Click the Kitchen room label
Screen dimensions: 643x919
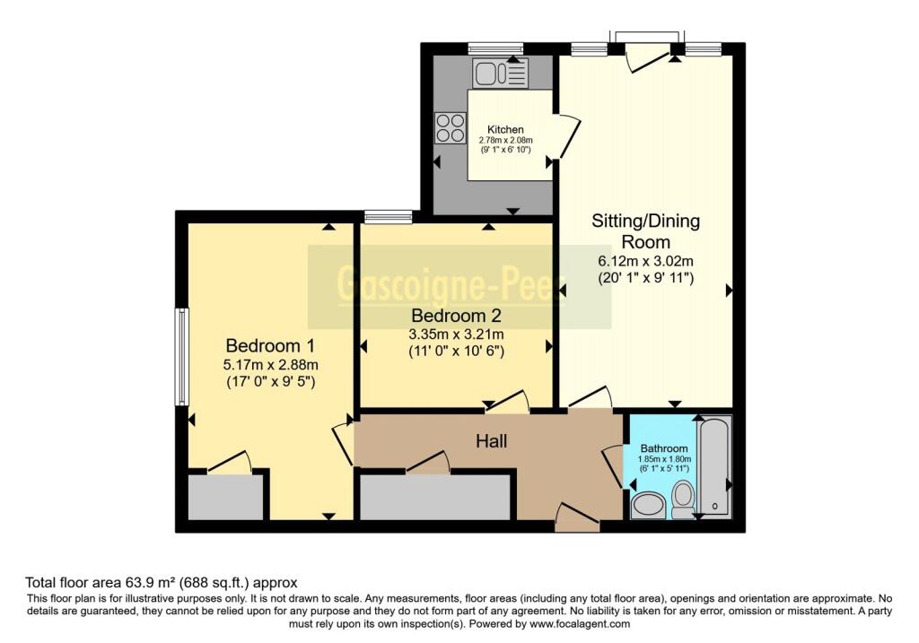click(x=505, y=130)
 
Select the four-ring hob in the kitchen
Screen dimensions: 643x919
click(x=451, y=127)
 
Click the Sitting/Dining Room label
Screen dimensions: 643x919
click(x=645, y=230)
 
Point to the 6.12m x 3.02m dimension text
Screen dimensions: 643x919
click(x=645, y=261)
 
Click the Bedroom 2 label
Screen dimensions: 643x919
click(x=455, y=316)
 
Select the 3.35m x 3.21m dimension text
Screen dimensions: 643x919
click(x=455, y=335)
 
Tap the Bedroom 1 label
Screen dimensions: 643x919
click(x=271, y=345)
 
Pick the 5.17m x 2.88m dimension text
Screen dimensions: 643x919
click(x=271, y=364)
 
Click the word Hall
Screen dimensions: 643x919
click(x=491, y=441)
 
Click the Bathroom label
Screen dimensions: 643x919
click(x=663, y=448)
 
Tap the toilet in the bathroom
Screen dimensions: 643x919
click(x=683, y=499)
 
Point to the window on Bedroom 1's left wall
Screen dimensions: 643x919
click(x=182, y=356)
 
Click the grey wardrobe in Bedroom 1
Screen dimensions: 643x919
click(x=225, y=497)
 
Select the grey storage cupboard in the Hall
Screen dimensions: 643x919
click(x=434, y=496)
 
